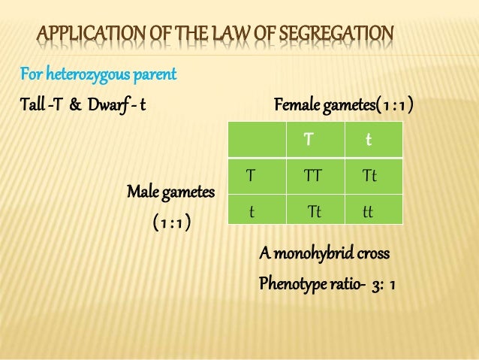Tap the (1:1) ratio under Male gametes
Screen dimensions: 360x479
click(x=171, y=223)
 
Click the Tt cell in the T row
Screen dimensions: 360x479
click(x=369, y=176)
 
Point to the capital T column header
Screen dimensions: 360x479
click(x=309, y=140)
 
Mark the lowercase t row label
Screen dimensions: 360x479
click(x=252, y=212)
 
